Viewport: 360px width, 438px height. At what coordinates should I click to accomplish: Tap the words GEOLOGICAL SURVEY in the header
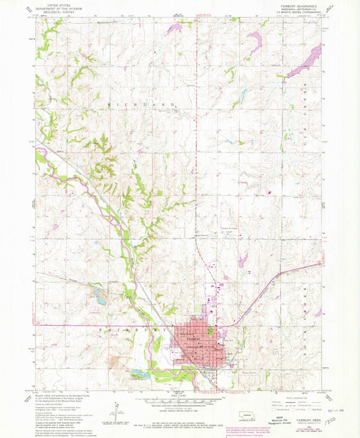click(x=58, y=12)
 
